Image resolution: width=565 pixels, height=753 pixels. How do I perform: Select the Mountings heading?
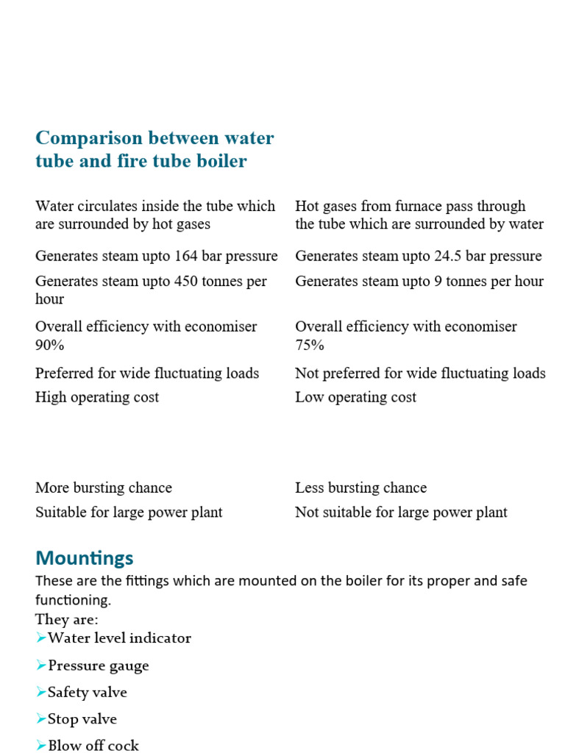pyautogui.click(x=85, y=557)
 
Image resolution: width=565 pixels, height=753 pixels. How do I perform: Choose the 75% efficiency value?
pyautogui.click(x=310, y=345)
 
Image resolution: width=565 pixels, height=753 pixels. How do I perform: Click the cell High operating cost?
pyautogui.click(x=97, y=397)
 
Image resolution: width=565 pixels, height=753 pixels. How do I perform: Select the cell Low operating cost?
pyautogui.click(x=355, y=397)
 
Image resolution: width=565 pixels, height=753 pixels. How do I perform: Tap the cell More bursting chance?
pyautogui.click(x=104, y=488)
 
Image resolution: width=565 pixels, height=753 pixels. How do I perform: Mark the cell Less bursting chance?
pyautogui.click(x=360, y=488)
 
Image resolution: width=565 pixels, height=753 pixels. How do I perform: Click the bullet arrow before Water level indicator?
pyautogui.click(x=41, y=638)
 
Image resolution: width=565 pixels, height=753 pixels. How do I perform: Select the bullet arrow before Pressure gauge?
pyautogui.click(x=41, y=665)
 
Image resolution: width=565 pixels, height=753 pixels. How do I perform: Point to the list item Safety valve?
pyautogui.click(x=87, y=692)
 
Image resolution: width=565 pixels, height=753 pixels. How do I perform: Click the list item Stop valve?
pyautogui.click(x=82, y=718)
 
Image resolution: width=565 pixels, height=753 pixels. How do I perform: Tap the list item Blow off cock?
pyautogui.click(x=93, y=745)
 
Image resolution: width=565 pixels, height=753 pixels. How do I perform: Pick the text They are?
pyautogui.click(x=66, y=619)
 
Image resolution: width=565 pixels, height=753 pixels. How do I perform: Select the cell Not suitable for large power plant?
pyautogui.click(x=401, y=512)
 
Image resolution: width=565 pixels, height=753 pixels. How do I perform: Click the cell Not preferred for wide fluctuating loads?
pyautogui.click(x=420, y=373)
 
